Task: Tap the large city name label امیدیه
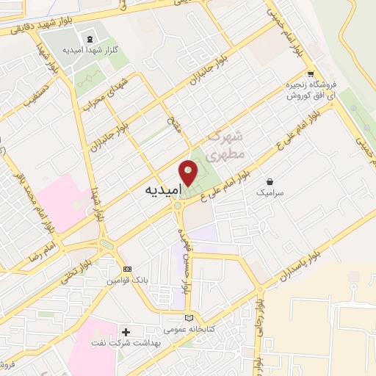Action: [x=159, y=189]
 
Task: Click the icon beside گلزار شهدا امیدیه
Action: [x=90, y=38]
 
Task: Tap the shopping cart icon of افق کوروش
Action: [x=312, y=73]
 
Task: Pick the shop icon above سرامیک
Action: [x=271, y=181]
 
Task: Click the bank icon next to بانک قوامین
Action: [x=127, y=270]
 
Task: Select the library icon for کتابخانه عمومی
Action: [x=190, y=318]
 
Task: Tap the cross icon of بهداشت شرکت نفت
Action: [x=126, y=333]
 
